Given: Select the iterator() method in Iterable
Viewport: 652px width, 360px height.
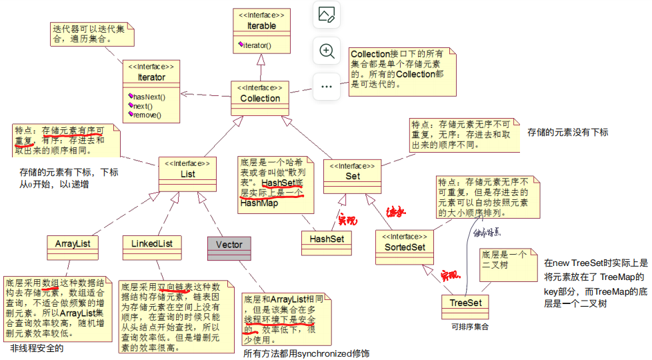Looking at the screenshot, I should point(261,45).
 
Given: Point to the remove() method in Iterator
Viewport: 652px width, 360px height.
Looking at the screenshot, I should point(147,115).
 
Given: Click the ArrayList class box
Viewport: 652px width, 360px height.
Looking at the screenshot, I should point(73,244).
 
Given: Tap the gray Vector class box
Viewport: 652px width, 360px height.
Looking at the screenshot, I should point(229,244).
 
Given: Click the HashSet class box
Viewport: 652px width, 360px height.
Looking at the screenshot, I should point(326,238).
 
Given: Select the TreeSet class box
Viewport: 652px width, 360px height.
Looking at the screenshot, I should point(465,303).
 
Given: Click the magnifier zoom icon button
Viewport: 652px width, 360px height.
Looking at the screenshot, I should point(327,51).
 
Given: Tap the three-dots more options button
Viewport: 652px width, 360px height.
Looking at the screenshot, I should point(327,87).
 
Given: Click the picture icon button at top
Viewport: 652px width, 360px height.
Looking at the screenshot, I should point(327,15).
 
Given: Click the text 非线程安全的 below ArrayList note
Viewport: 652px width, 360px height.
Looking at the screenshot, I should point(37,348).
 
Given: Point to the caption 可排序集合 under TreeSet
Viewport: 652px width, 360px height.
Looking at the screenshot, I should point(469,327).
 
